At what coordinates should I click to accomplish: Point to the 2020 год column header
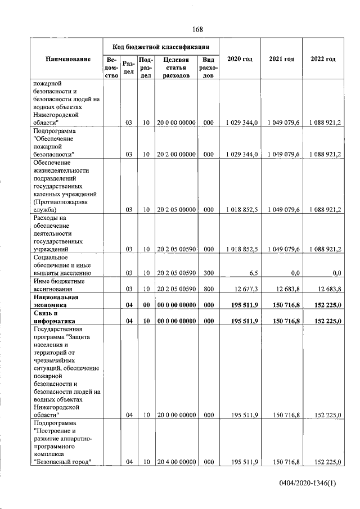click(x=239, y=60)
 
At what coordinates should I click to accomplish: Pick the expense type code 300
click(x=208, y=273)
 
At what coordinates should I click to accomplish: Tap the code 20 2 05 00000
click(x=176, y=210)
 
